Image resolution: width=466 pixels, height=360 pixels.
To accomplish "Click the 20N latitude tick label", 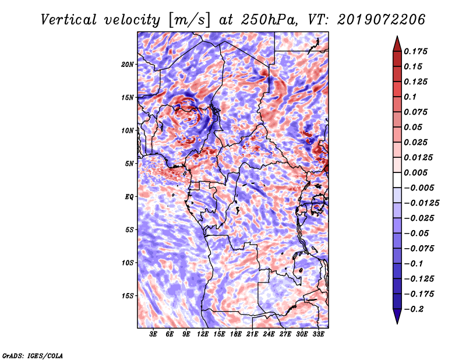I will coord(128,64).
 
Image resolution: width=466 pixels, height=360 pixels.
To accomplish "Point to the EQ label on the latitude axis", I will coord(129,197).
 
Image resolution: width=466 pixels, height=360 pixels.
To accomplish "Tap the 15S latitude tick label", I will coord(128,296).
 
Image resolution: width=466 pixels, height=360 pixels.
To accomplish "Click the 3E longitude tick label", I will coord(153,334).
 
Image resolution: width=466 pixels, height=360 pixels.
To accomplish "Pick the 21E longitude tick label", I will coord(252,334).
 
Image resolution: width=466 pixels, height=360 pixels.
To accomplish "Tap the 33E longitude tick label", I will coord(318,334).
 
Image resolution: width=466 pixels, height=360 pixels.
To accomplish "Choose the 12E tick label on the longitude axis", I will coord(203,334).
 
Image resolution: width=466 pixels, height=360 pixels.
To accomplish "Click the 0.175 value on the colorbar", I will coord(417,51).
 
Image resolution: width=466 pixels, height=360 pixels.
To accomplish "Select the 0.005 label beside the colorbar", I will coord(417,172).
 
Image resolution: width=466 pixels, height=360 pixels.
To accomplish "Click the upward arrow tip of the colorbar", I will coord(397,37).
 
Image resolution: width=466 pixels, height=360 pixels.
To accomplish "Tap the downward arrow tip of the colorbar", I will coord(397,322).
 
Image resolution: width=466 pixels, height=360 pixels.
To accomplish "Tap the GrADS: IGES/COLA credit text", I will coord(33,355).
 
